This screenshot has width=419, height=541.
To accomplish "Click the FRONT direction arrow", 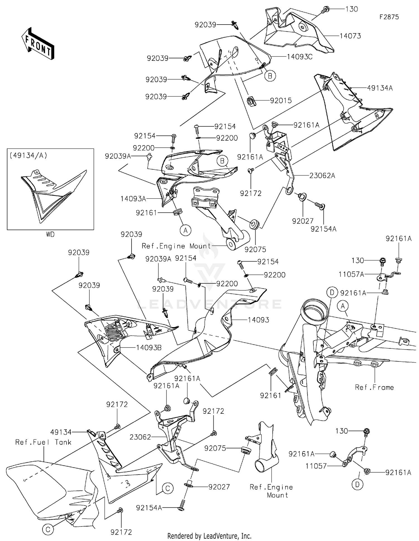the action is point(38,44).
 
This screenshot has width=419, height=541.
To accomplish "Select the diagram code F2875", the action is point(389,17).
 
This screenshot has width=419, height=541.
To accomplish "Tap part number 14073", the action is point(350,36).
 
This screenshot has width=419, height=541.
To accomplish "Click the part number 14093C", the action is point(300,57).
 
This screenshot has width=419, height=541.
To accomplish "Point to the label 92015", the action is point(281,100).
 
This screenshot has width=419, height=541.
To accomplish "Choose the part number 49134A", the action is point(380,88).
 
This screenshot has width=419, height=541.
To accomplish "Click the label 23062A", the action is point(322,176).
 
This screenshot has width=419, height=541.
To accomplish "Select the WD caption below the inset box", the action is point(50,235).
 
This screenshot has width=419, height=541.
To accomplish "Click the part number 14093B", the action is point(149,348).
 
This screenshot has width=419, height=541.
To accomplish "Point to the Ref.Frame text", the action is point(374,387).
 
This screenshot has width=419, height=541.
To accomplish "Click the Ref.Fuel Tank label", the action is point(43,442).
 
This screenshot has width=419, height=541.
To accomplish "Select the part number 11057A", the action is point(351,275).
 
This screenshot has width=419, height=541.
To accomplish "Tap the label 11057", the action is point(316,466).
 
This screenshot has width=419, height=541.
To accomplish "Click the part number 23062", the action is point(140,437).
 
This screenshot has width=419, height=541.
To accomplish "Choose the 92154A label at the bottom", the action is point(149,508).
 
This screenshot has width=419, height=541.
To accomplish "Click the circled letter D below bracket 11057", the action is point(358,485).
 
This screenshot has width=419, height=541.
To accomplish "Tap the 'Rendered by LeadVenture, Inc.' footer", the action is point(209,536).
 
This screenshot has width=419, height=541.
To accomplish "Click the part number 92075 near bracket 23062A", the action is point(255,250).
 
